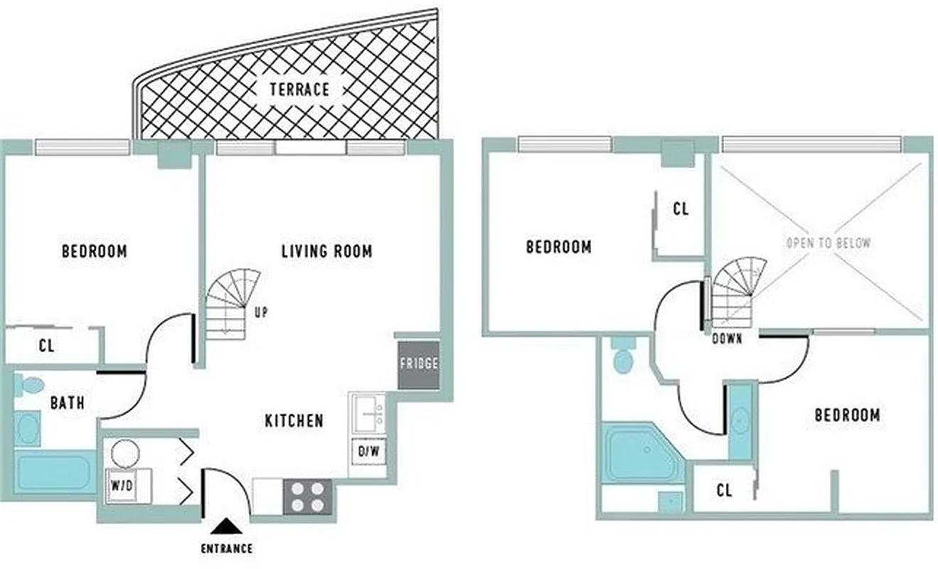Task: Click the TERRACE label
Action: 299,90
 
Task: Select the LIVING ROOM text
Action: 326,251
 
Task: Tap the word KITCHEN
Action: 294,421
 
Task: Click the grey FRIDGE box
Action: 417,364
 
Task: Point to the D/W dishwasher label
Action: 368,451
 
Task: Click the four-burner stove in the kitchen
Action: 308,496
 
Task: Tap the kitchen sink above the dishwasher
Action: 368,413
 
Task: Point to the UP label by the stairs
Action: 260,311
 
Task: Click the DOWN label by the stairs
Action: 727,339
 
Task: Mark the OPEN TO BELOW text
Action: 828,243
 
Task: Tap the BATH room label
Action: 68,403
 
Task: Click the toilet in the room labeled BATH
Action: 30,385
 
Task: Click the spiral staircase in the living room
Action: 232,302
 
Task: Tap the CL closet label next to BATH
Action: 47,347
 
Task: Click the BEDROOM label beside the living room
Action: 95,251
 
